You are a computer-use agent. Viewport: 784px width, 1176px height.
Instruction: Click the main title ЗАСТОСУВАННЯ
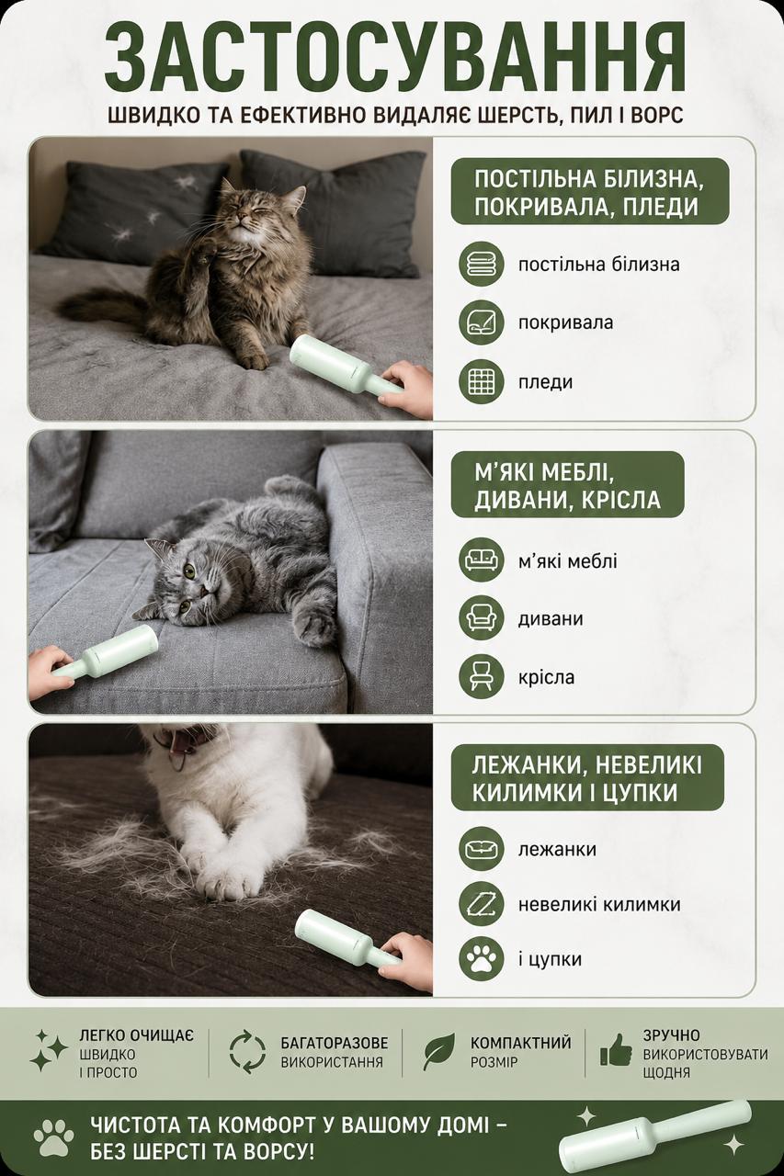click(395, 57)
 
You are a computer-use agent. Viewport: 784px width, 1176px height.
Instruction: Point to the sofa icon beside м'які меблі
click(481, 560)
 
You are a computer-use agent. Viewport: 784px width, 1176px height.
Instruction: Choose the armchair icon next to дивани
click(481, 618)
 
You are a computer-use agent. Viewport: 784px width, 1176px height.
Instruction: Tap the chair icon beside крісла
click(481, 677)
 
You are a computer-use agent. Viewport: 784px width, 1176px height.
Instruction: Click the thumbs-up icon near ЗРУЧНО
click(616, 1050)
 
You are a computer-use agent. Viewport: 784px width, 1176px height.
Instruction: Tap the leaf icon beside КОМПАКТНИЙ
click(439, 1050)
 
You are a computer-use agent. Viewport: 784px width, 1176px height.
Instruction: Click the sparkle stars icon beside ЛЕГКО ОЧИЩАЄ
click(49, 1050)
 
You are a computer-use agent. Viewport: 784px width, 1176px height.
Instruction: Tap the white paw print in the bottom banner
click(53, 1136)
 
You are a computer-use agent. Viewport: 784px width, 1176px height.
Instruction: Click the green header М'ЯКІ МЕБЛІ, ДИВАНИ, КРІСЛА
click(568, 484)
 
